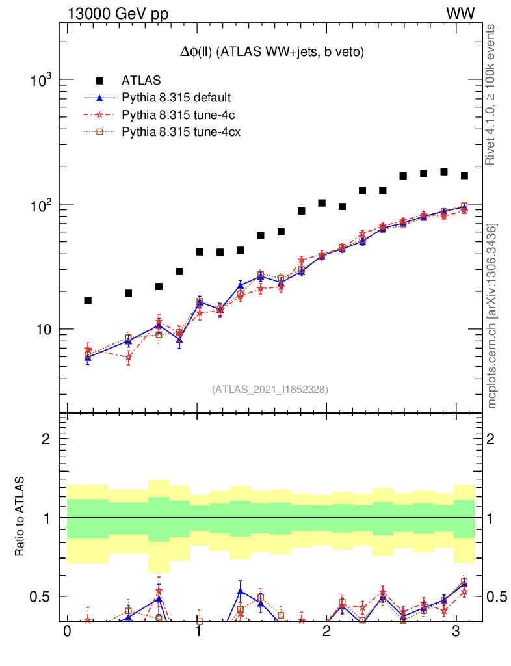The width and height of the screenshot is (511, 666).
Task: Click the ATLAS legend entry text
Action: [x=141, y=81]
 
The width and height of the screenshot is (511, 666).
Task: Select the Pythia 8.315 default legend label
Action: [x=176, y=98]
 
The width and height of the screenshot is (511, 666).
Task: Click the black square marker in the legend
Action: [x=99, y=81]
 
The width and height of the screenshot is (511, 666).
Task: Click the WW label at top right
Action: [x=460, y=14]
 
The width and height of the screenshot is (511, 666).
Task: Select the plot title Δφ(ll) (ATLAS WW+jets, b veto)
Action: [x=272, y=52]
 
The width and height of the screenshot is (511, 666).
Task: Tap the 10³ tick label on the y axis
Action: [x=41, y=81]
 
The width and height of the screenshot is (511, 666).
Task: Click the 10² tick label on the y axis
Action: [x=41, y=206]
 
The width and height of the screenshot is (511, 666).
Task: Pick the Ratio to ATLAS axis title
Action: [x=20, y=517]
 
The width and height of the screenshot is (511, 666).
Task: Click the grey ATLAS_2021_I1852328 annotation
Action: [x=270, y=390]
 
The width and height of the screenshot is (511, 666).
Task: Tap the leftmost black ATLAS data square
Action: [x=88, y=300]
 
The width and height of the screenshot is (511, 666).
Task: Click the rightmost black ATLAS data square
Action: [x=464, y=176]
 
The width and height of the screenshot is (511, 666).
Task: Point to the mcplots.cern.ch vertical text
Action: [x=492, y=316]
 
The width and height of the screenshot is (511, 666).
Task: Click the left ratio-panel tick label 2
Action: [x=46, y=439]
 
